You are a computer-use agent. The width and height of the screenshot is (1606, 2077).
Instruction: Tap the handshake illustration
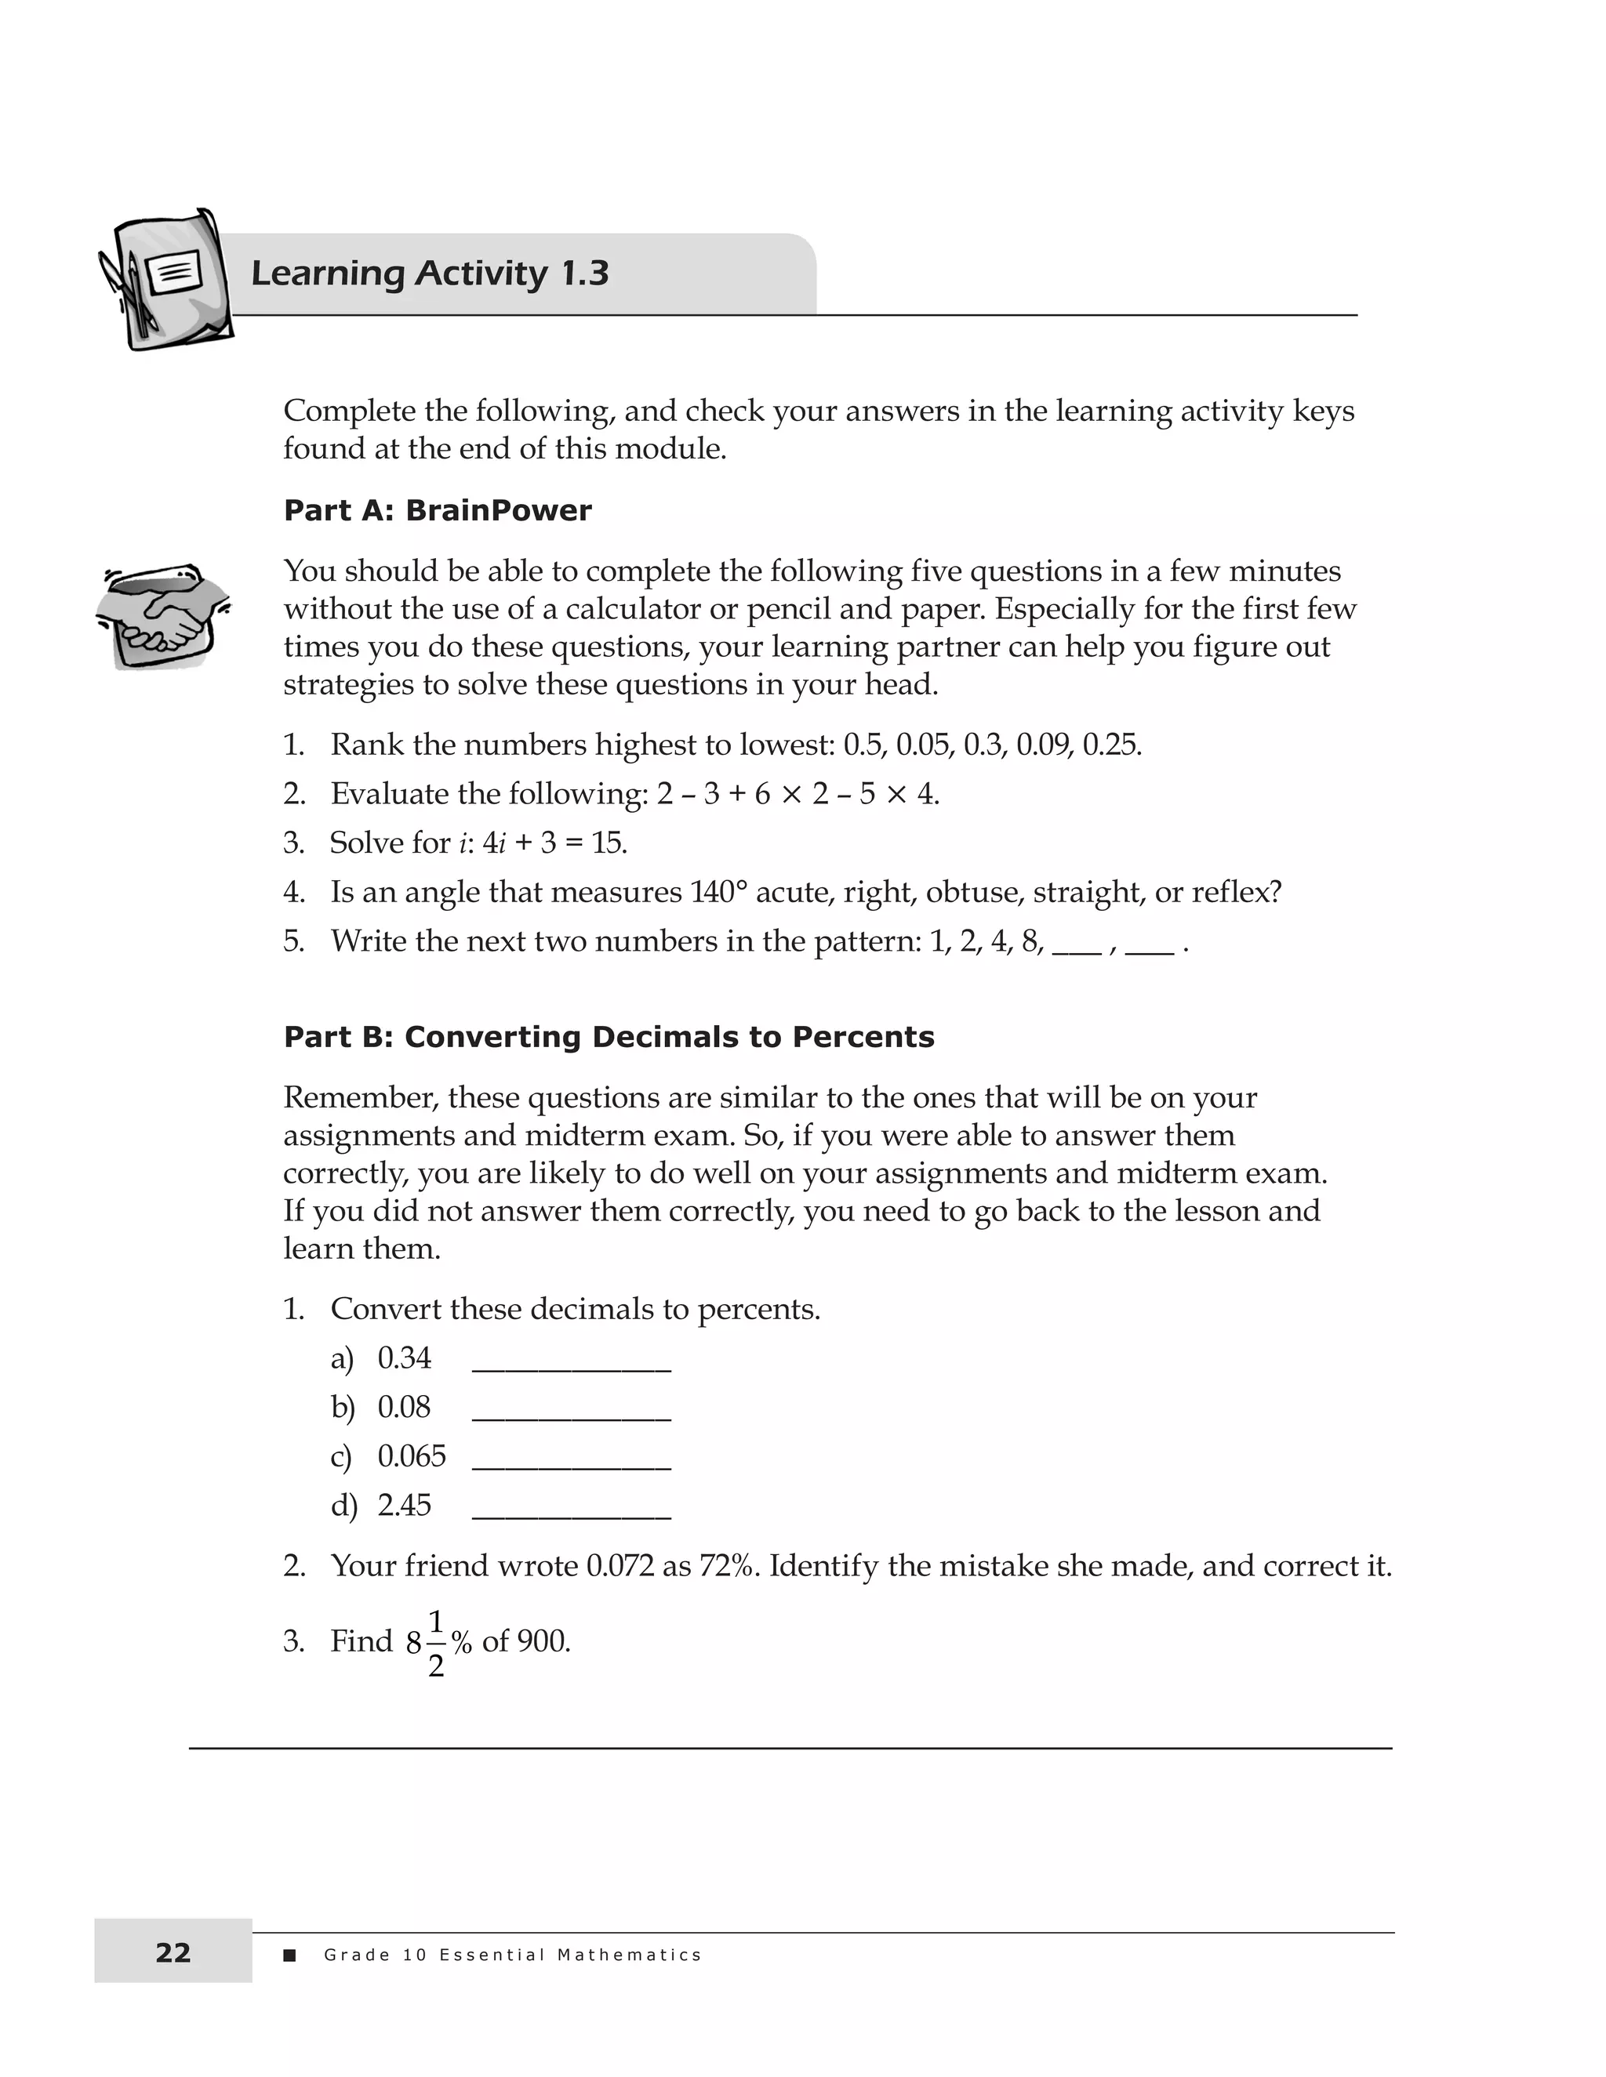pyautogui.click(x=164, y=615)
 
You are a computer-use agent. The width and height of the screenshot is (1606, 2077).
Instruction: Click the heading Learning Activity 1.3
pyautogui.click(x=429, y=274)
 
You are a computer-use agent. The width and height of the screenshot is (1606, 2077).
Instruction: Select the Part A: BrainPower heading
pyautogui.click(x=438, y=511)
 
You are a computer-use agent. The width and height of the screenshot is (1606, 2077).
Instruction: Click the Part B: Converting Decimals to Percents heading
pyautogui.click(x=609, y=1037)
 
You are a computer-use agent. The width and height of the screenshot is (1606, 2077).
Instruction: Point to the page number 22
pyautogui.click(x=173, y=1952)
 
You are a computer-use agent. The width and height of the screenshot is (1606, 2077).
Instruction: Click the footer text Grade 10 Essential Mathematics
pyautogui.click(x=512, y=1956)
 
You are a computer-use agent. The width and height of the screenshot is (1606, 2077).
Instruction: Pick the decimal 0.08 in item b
pyautogui.click(x=403, y=1407)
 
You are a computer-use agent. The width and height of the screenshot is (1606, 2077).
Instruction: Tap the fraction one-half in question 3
pyautogui.click(x=436, y=1642)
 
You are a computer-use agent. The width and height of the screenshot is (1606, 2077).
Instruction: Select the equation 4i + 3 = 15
pyautogui.click(x=554, y=843)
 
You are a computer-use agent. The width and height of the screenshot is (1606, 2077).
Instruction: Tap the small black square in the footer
pyautogui.click(x=290, y=1956)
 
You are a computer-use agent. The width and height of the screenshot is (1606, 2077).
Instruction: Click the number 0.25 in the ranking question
pyautogui.click(x=1110, y=745)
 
